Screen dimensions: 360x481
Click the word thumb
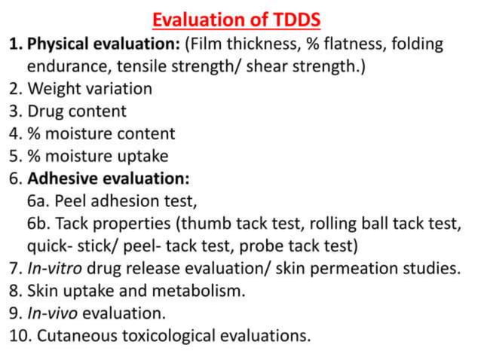(204, 224)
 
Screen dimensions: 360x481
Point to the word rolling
(325, 224)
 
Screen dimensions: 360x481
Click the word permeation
(352, 269)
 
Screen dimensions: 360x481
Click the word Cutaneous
(75, 334)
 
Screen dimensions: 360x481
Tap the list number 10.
(18, 334)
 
